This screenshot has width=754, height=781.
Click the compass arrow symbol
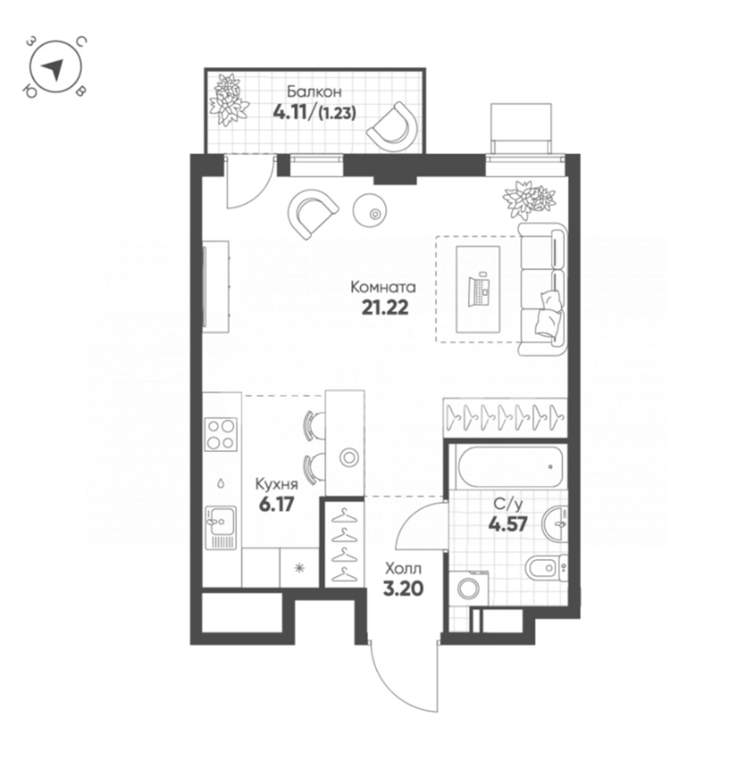click(55, 69)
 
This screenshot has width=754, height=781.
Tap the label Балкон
click(314, 92)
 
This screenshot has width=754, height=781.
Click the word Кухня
click(275, 484)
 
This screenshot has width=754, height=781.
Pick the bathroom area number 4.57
click(507, 522)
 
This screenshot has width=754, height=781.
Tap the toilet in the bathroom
click(543, 567)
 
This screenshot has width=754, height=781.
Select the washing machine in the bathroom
click(469, 588)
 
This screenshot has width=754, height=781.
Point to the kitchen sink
click(219, 526)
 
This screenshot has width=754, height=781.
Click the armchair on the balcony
click(393, 127)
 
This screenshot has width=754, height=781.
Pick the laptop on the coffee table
click(479, 289)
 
